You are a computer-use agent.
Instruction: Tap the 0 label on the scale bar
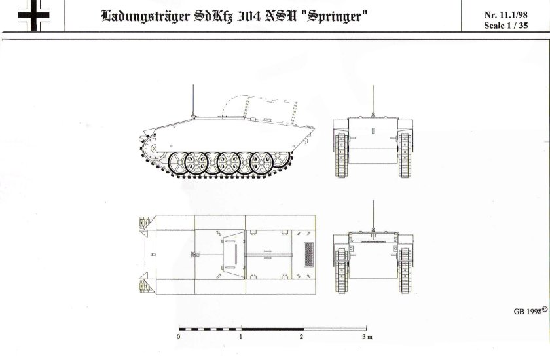179,337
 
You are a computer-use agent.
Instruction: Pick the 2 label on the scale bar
301,337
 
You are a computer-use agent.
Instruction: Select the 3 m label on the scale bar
367,337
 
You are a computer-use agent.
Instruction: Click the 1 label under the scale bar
241,337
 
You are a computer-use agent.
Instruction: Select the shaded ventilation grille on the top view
310,255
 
